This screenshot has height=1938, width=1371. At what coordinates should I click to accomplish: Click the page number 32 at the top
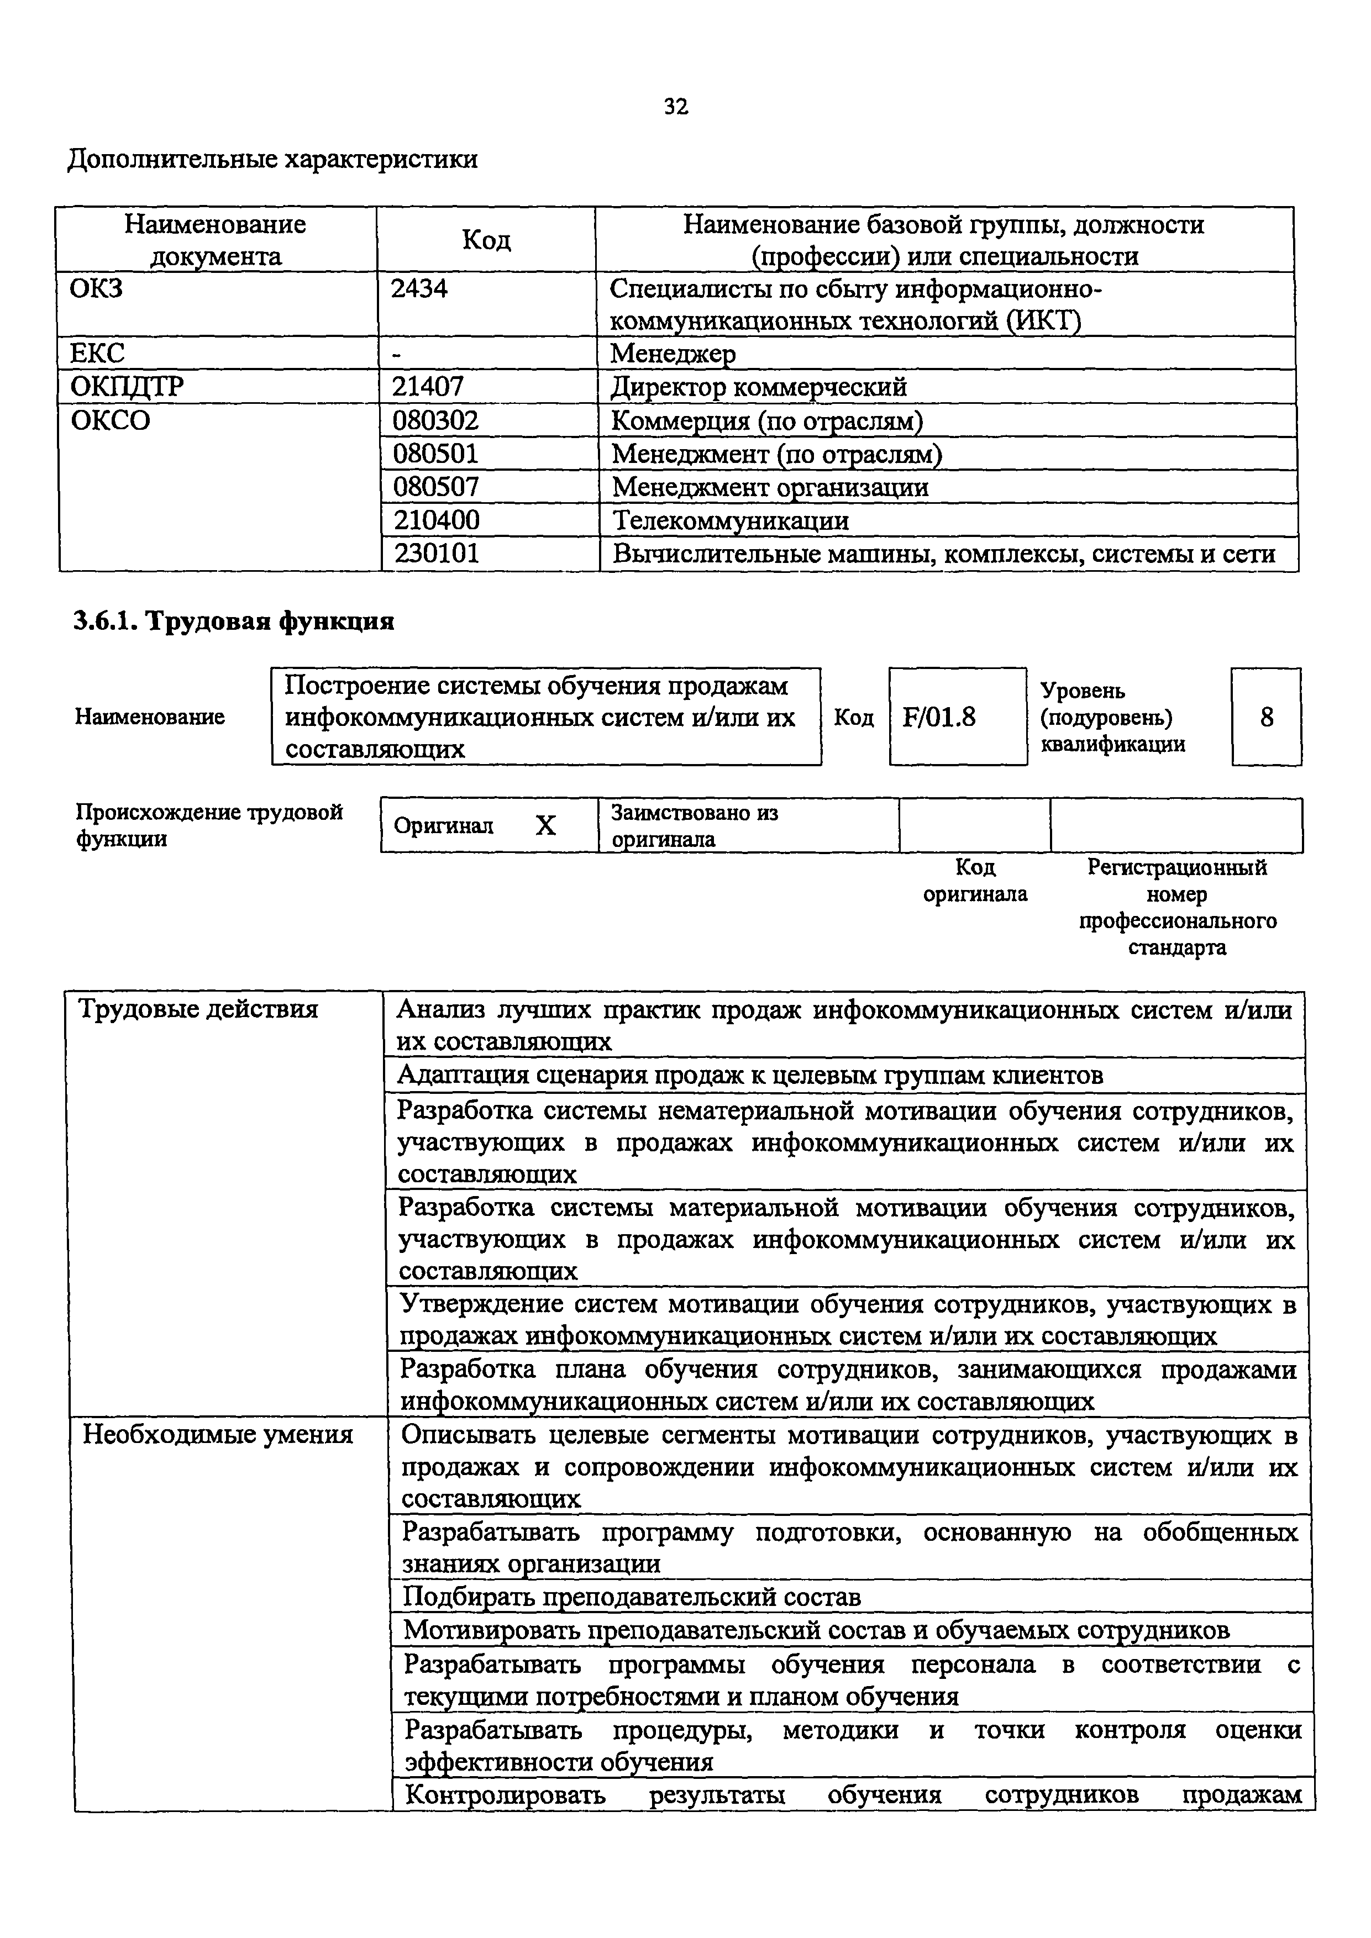click(x=676, y=107)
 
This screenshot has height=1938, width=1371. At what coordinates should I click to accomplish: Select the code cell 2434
click(x=419, y=289)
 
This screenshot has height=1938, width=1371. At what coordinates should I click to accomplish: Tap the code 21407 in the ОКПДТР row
click(x=427, y=387)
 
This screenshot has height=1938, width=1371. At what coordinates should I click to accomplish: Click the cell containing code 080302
click(x=435, y=420)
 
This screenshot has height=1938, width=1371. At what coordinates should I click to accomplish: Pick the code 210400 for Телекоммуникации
click(x=437, y=520)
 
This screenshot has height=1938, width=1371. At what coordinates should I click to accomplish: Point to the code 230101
click(x=437, y=554)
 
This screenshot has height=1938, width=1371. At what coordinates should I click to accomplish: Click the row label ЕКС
click(x=97, y=354)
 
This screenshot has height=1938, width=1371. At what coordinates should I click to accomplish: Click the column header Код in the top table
click(x=486, y=240)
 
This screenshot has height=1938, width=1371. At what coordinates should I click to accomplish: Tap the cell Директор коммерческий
click(x=758, y=387)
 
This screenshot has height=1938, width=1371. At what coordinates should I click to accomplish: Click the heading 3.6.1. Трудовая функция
click(x=234, y=622)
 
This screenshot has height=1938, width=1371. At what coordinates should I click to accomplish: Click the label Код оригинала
click(x=975, y=881)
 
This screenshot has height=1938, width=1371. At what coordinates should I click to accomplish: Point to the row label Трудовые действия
click(x=197, y=1009)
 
